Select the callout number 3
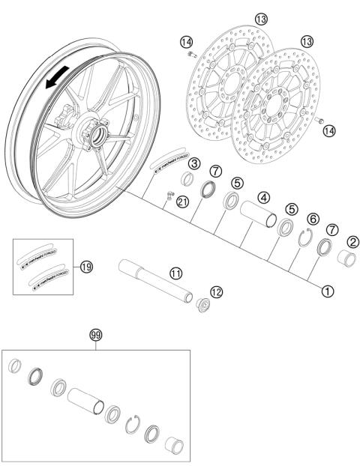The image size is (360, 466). tap(193, 164)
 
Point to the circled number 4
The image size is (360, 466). tap(265, 198)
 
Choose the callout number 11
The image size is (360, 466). tap(175, 273)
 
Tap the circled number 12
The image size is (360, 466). tap(216, 291)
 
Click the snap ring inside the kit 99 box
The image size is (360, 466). tap(133, 424)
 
